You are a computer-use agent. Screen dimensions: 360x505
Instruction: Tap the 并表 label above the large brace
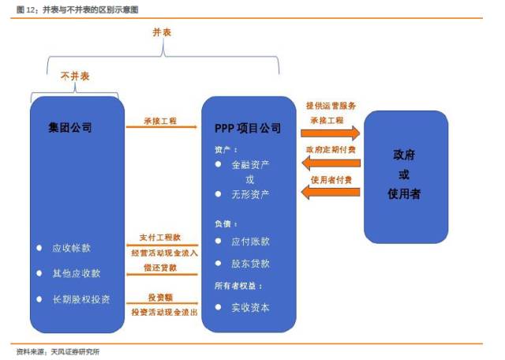[x=162, y=32]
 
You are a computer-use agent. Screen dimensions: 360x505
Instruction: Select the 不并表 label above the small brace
[x=75, y=77]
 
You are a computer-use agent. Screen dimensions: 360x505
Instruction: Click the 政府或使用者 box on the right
[x=406, y=175]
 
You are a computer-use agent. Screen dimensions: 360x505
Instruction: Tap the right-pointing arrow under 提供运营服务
[x=333, y=133]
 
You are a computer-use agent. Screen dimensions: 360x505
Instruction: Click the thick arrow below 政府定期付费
[x=333, y=163]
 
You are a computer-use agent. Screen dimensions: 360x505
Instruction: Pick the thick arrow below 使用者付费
[x=333, y=192]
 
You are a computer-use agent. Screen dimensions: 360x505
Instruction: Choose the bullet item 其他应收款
[x=76, y=273]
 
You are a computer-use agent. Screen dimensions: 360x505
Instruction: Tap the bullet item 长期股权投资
[x=80, y=299]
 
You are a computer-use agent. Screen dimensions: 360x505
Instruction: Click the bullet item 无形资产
[x=249, y=193]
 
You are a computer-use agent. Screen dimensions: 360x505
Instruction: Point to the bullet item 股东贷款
[x=249, y=264]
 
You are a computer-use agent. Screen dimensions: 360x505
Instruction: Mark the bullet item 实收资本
[x=249, y=307]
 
